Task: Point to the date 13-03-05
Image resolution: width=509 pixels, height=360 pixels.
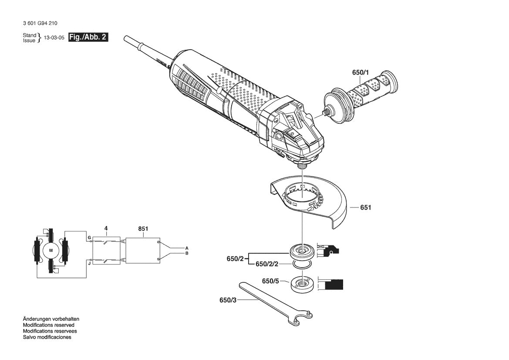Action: point(54,38)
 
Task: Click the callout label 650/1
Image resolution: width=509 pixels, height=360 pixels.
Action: point(361,72)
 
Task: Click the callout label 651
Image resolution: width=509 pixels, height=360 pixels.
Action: point(365,208)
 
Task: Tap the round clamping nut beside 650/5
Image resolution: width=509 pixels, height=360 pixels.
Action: point(302,284)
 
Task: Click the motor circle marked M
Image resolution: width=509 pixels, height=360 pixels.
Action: point(51,250)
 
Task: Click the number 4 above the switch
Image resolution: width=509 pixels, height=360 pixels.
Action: point(105,228)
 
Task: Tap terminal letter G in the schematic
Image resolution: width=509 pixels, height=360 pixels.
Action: point(89,238)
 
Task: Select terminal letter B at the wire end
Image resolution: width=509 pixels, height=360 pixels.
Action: point(187,253)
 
